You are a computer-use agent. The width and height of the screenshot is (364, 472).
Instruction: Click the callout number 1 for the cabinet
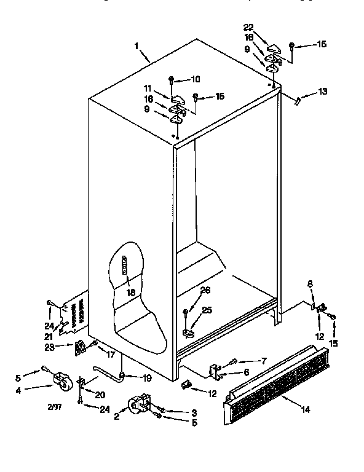click(137, 45)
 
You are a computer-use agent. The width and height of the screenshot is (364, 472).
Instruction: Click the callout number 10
click(196, 79)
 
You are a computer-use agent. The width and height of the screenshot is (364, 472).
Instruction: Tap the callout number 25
click(207, 310)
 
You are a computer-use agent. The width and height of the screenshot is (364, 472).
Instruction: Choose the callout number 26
click(205, 291)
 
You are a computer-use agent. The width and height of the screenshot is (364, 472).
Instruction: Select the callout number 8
click(310, 283)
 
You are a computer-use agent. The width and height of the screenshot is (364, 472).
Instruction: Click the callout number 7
click(247, 360)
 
